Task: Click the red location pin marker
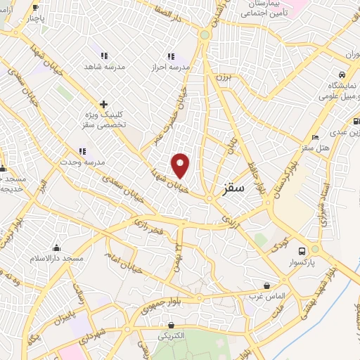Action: coord(181,165)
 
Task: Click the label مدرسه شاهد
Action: coord(105,66)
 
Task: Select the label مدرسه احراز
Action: coord(171,67)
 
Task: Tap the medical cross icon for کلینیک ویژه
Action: coord(103,103)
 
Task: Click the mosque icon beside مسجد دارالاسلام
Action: coord(56,247)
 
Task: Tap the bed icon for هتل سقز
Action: coord(315,136)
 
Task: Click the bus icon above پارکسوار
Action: coord(302,251)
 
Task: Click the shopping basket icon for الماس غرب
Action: coord(267,285)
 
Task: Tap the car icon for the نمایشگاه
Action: coord(342,75)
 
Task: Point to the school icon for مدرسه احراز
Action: coord(170,56)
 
